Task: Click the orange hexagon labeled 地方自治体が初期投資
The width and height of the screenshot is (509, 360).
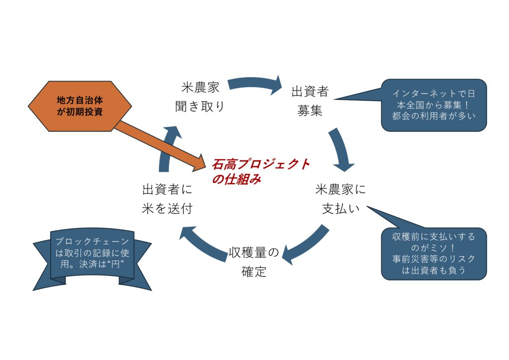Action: [80, 106]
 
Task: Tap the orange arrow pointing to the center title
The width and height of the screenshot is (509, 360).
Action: [159, 144]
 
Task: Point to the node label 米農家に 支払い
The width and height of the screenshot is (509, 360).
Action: [340, 199]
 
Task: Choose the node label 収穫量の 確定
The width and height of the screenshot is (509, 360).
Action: [254, 262]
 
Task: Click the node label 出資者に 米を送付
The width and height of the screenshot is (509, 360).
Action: [167, 199]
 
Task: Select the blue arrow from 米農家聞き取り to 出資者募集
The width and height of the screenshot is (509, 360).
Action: [254, 85]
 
